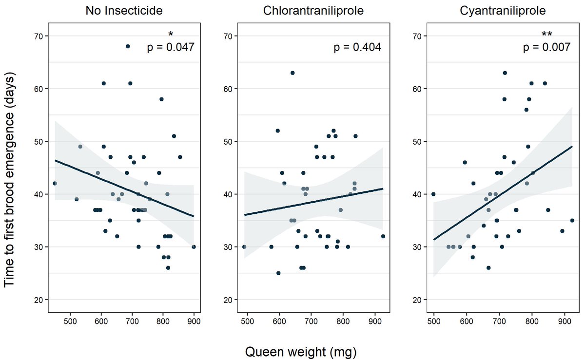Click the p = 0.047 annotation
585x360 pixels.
[171, 47]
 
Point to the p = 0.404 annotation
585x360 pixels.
[357, 47]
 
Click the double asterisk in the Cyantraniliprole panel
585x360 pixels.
[547, 35]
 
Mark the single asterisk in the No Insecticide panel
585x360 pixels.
[171, 35]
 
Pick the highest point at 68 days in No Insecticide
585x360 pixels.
[128, 46]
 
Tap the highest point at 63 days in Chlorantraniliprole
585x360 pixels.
[292, 73]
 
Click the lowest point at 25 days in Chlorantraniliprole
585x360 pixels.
[278, 273]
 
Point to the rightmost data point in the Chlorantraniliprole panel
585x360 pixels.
[383, 236]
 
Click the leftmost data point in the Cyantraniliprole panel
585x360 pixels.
[433, 194]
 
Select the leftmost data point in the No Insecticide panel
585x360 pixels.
[55, 183]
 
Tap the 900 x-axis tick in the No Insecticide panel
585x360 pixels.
[194, 321]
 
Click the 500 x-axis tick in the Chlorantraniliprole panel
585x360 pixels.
[247, 321]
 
